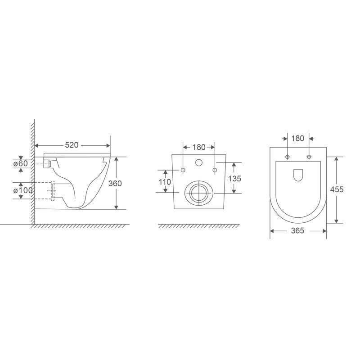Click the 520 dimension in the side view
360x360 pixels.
point(72,145)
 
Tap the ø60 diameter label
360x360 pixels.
point(20,163)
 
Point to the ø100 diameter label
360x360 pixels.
point(23,190)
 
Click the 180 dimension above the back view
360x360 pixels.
point(198,147)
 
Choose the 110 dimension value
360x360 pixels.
point(165,182)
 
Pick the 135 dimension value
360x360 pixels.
point(234,179)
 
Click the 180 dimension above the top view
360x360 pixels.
point(297,138)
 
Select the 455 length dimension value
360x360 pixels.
point(337,189)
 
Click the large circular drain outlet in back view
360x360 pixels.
point(198,193)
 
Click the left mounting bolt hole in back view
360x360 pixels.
point(183,170)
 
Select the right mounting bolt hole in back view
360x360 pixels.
point(215,170)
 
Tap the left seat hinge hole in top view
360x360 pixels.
point(287,157)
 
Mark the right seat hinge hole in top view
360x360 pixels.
point(308,157)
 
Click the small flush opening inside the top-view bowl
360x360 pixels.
point(297,175)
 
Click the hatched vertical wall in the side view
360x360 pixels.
point(33,171)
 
